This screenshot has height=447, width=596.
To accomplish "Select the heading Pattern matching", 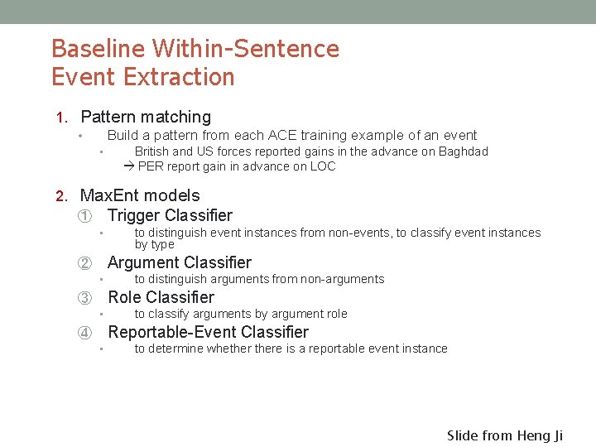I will click(x=146, y=117).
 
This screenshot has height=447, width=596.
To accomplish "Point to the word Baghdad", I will click(x=463, y=151).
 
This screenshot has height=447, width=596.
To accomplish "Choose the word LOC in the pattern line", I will click(x=322, y=166).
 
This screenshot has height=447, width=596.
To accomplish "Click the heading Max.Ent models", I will click(x=139, y=195).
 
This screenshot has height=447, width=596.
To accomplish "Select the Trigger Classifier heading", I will click(x=170, y=215).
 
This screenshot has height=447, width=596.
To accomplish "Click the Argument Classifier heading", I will click(x=180, y=262).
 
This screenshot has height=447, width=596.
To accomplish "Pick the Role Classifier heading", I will click(x=161, y=297).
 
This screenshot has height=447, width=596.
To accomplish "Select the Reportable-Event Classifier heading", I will click(x=209, y=332).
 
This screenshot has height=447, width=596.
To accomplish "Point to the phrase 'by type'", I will click(x=155, y=244).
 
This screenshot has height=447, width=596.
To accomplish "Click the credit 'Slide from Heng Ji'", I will click(x=504, y=435).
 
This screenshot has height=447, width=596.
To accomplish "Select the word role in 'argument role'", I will click(x=334, y=314).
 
